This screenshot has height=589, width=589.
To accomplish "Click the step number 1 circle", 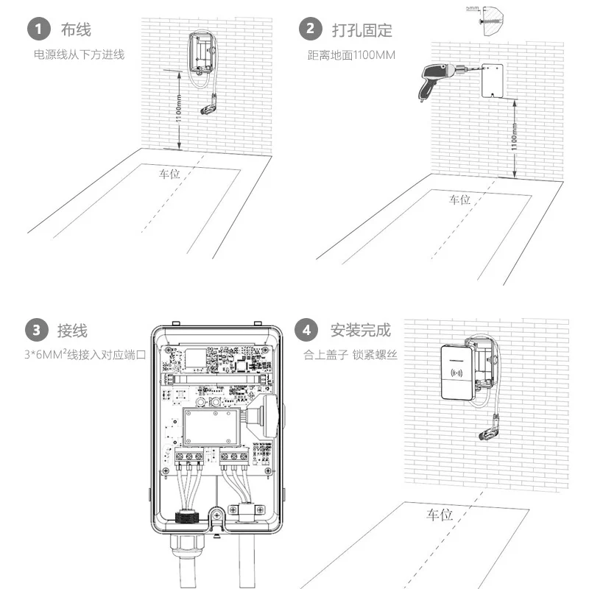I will tap(38, 29).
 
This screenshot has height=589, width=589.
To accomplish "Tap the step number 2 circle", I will tap(310, 29).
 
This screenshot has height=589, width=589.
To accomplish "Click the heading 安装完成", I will tap(361, 329).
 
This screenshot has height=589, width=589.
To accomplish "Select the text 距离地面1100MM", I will tap(351, 54).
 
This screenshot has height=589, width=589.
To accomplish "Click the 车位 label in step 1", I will tap(169, 174).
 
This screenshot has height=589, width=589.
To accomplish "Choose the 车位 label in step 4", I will tap(439, 515).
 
